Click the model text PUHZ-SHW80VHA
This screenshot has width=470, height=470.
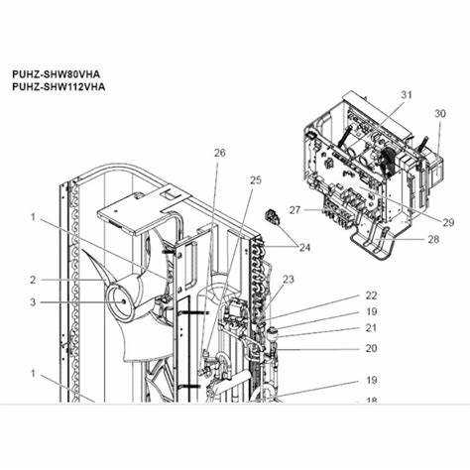[56, 73]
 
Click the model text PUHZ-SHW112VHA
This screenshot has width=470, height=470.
[59, 86]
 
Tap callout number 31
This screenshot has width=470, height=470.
[407, 95]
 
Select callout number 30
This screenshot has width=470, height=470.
[440, 114]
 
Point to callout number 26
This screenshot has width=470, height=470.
[220, 153]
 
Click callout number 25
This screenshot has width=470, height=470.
[255, 180]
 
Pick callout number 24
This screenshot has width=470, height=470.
[304, 247]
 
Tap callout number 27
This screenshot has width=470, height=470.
[294, 210]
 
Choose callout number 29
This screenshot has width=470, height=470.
[448, 222]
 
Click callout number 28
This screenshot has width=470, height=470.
[433, 239]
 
